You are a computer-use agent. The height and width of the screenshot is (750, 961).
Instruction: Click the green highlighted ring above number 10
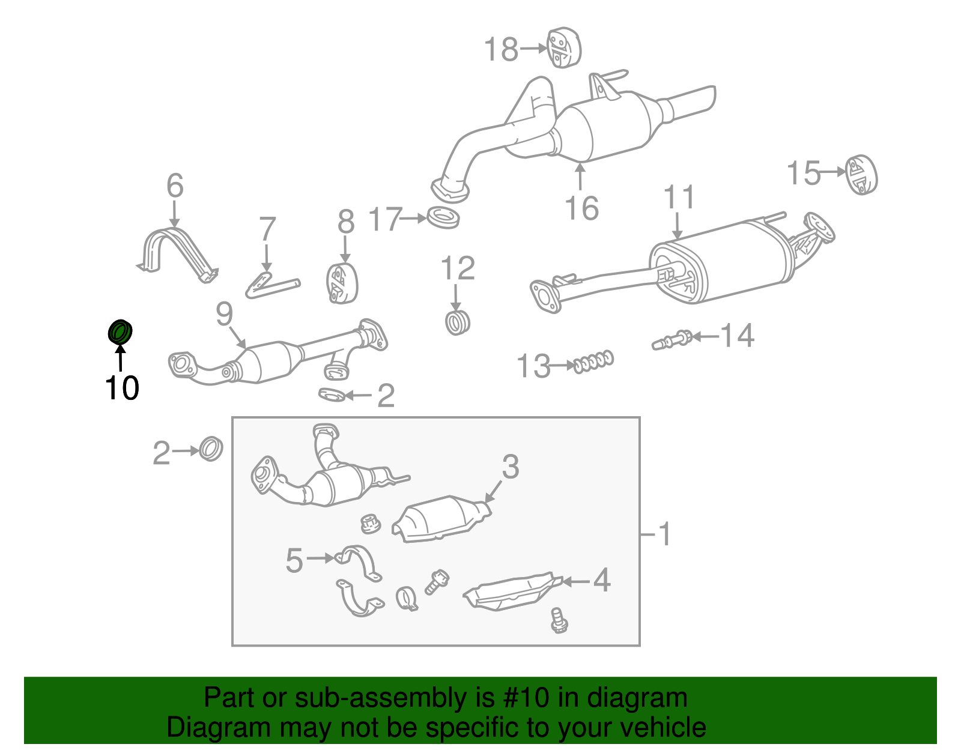tap(120, 332)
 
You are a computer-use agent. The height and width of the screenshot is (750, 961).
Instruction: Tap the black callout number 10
tap(121, 388)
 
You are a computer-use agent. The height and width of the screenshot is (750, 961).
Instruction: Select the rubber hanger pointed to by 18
tap(564, 47)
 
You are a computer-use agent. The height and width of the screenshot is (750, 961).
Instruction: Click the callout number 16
tap(581, 208)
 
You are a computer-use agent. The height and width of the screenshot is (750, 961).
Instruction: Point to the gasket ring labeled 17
tap(444, 217)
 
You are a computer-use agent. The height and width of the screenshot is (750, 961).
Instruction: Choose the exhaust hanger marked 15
tap(861, 175)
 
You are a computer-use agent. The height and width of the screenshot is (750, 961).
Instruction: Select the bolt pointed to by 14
tap(673, 340)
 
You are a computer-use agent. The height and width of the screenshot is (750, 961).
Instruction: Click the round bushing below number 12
tap(458, 322)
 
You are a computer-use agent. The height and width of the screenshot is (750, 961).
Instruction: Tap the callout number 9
tap(224, 313)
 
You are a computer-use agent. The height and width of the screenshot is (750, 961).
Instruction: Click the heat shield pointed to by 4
tap(514, 593)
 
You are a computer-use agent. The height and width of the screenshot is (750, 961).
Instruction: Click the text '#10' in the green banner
tap(522, 698)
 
